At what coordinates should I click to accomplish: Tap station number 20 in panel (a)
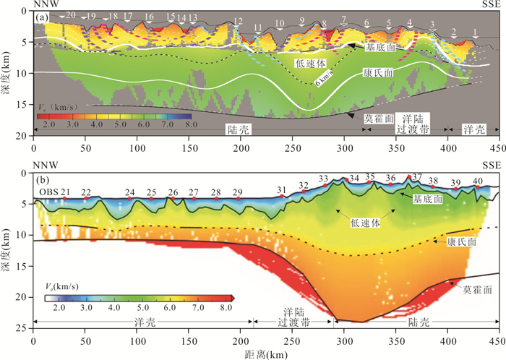click(70, 14)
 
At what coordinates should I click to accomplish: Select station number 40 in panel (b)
click(477, 180)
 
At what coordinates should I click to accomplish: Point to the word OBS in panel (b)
click(48, 192)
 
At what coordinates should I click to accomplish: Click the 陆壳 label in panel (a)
click(237, 129)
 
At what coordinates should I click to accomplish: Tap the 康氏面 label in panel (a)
click(379, 74)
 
